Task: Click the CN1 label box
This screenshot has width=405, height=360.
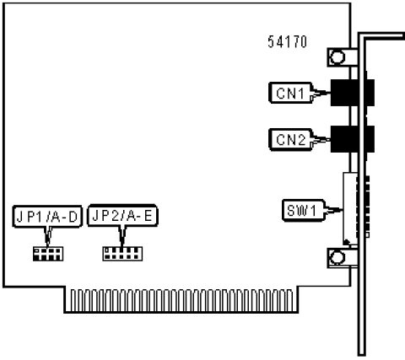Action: (x=290, y=93)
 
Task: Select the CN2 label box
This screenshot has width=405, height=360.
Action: (x=290, y=139)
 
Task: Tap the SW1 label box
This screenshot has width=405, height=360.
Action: (x=303, y=211)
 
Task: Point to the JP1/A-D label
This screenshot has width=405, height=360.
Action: (x=47, y=216)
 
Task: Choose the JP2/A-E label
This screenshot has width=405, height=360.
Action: (x=122, y=216)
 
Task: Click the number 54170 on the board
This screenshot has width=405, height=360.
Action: (x=287, y=42)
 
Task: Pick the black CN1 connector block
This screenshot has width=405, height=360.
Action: (x=352, y=93)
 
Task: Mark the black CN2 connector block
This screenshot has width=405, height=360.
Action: (x=352, y=139)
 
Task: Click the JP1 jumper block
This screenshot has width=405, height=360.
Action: (x=48, y=254)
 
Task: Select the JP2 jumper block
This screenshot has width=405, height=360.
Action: (x=122, y=254)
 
